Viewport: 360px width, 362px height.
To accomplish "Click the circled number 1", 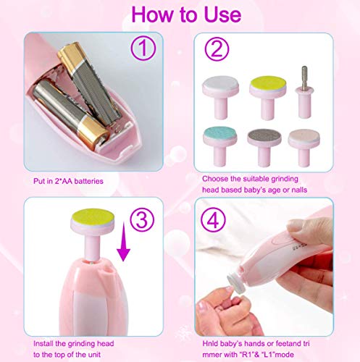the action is pos(143,48).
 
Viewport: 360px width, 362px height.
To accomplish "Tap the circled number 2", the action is pos(217,49).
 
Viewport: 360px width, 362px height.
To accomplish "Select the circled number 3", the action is pos(142,219).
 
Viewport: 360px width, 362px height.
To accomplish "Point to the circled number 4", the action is pos(213,220).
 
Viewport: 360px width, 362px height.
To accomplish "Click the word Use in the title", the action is pos(222,14).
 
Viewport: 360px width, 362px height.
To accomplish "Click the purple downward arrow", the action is pos(123,242).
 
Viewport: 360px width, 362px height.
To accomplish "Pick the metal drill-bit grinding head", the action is pos(305,92).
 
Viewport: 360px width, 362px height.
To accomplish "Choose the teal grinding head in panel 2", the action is pos(220,146).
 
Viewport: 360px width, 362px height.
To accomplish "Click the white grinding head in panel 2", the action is pos(220,97).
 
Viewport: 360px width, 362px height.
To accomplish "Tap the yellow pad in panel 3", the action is pos(93,216).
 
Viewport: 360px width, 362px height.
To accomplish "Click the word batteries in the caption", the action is pos(88,181).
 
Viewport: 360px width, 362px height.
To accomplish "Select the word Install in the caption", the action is pos(43,343).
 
